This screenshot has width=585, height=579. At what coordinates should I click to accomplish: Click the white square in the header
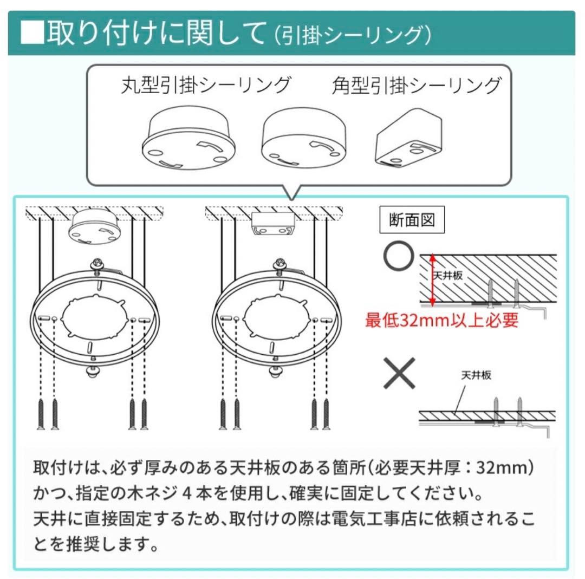click(32, 33)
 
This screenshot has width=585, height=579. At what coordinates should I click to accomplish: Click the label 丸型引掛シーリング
click(206, 85)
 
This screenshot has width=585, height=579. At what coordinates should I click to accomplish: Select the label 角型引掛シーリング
click(417, 85)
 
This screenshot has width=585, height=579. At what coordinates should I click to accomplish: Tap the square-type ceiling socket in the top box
click(409, 138)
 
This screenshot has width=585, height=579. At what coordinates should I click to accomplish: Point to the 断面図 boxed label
click(412, 220)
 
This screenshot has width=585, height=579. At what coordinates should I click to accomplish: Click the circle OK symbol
click(399, 256)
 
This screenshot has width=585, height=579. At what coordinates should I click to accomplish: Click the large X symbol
click(399, 373)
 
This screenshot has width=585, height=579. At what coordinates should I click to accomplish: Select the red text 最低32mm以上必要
click(442, 320)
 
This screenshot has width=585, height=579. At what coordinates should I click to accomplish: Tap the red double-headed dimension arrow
click(432, 280)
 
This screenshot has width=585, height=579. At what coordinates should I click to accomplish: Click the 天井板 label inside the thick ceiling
click(448, 275)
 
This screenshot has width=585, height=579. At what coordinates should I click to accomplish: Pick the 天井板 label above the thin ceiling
click(476, 375)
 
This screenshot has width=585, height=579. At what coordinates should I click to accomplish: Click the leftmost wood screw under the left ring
click(41, 414)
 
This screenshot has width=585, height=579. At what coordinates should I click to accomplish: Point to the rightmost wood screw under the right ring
click(327, 414)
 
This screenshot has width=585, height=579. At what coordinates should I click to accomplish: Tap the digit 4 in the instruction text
click(187, 494)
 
